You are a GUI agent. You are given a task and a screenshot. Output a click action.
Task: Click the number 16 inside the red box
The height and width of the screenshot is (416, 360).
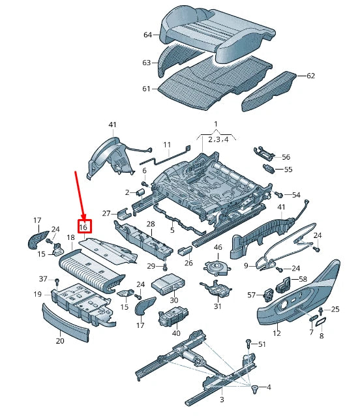pyautogui.click(x=83, y=226)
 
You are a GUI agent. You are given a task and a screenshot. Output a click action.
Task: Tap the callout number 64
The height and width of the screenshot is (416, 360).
pyautogui.click(x=147, y=35)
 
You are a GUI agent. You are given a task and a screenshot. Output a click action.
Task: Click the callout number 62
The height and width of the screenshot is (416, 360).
pyautogui.click(x=310, y=76)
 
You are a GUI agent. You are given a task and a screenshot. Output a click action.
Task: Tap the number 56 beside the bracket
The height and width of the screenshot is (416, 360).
pyautogui.click(x=286, y=157)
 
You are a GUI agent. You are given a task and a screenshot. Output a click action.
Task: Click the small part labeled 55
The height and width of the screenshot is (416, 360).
pyautogui.click(x=269, y=169)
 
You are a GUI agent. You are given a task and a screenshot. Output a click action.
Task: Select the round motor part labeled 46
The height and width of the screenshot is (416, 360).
pyautogui.click(x=217, y=266)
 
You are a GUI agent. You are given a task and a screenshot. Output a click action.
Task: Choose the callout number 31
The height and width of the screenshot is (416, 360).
pyautogui.click(x=217, y=306)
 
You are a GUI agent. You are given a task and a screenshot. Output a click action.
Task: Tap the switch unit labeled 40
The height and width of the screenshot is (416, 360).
pyautogui.click(x=173, y=318)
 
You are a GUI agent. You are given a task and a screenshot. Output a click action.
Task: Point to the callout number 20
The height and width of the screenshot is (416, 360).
pyautogui.click(x=60, y=340)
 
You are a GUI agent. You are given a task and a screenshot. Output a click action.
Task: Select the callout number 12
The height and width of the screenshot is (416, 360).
pyautogui.click(x=277, y=333)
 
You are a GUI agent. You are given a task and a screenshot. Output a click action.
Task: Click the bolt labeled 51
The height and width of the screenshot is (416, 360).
pyautogui.click(x=248, y=342)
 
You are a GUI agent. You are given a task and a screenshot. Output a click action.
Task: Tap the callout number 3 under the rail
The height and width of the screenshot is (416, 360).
pyautogui.click(x=221, y=399)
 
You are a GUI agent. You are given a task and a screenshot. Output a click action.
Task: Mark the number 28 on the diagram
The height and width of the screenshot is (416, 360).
pyautogui.click(x=150, y=224)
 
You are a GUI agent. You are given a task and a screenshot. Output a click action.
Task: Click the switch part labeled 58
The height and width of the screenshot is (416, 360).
pyautogui.click(x=284, y=284)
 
